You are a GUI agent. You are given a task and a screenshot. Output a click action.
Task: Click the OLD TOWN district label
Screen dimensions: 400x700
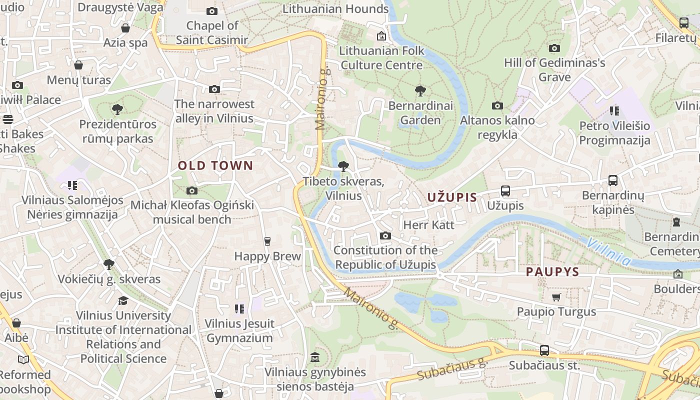click(215, 165)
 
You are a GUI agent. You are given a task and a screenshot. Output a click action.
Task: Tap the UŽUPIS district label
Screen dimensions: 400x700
click(452, 197)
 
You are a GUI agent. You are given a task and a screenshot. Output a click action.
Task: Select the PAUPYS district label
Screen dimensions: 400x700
click(552, 272)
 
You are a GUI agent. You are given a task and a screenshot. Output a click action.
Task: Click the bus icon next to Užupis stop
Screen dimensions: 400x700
click(505, 191)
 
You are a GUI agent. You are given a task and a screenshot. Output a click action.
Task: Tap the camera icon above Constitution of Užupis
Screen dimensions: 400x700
click(385, 236)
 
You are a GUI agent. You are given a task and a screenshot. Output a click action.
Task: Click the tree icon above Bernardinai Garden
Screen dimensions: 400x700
click(420, 91)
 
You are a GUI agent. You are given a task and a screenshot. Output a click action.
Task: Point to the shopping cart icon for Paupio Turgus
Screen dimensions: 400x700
click(556, 297)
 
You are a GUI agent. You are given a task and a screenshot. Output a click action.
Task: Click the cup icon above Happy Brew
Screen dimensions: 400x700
click(267, 241)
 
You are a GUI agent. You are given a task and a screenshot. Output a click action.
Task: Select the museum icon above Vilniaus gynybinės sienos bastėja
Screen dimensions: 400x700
click(315, 357)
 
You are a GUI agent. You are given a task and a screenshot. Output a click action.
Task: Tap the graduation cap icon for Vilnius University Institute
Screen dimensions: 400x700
click(123, 300)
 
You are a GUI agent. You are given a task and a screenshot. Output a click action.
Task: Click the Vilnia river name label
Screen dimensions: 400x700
click(608, 251)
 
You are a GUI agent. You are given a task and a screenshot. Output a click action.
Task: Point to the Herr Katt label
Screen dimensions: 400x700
click(428, 225)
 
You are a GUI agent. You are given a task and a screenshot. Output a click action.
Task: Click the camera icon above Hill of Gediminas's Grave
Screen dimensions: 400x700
click(554, 48)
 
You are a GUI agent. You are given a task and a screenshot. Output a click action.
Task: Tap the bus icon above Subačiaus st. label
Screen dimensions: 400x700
click(544, 350)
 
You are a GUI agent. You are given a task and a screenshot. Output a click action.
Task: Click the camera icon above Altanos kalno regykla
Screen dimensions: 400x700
click(497, 105)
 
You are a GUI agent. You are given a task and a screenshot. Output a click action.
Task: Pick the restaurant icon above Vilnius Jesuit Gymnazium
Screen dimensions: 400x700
click(239, 309)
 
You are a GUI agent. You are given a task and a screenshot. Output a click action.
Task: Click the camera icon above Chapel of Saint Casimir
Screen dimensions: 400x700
click(212, 11)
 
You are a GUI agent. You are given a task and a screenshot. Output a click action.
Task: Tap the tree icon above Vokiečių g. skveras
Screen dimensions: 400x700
click(108, 264)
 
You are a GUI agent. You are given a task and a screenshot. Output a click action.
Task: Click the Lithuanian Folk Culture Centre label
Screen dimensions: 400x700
click(381, 57)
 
